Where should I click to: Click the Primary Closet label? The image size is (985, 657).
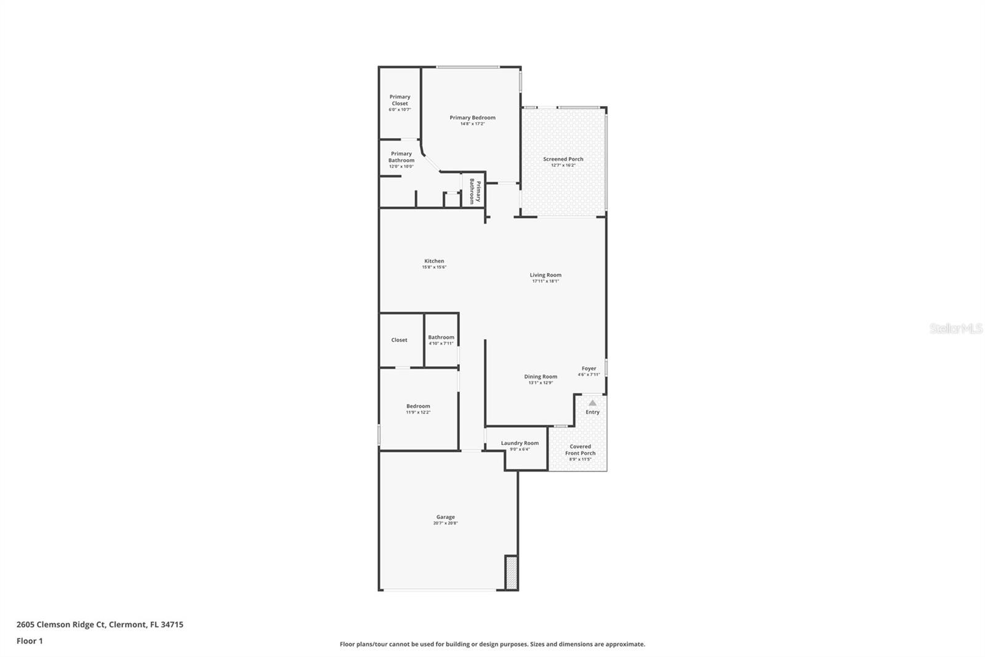click(400, 100)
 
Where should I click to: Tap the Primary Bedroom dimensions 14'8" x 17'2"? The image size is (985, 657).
click(472, 124)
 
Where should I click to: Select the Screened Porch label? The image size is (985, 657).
click(563, 159)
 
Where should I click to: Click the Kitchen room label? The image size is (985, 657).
click(434, 261)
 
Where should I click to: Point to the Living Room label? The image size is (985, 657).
click(545, 275)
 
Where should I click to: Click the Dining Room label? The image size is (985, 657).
click(541, 377)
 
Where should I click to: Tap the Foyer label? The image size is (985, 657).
click(589, 369)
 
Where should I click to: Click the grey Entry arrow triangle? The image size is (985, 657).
click(592, 403)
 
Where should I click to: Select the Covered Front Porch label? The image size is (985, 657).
click(580, 450)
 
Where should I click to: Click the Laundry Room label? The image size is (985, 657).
click(520, 443)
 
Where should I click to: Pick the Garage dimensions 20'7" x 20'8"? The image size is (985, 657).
click(445, 523)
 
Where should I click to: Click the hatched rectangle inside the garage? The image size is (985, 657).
click(511, 573)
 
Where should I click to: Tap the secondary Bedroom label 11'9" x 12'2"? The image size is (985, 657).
click(418, 409)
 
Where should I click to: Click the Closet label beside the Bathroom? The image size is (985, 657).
click(399, 340)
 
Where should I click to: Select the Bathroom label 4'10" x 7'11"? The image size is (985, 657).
click(441, 340)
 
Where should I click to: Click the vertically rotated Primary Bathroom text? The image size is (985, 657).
click(474, 191)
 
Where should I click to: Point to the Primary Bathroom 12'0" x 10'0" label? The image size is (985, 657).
click(401, 160)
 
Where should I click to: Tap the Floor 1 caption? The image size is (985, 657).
click(30, 641)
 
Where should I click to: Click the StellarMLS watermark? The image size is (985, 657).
click(955, 328)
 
